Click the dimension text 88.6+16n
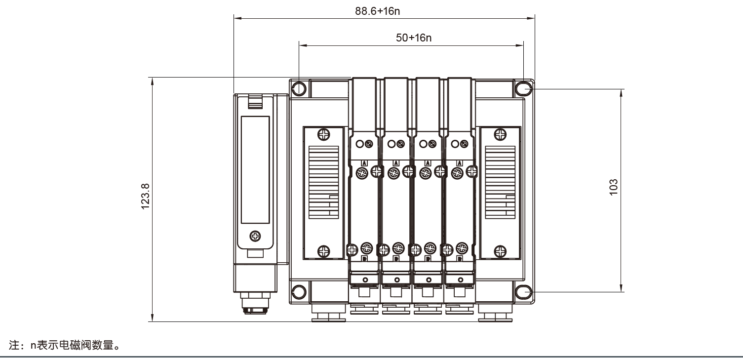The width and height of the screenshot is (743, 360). point(377,11)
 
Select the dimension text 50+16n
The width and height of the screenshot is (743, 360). point(414,38)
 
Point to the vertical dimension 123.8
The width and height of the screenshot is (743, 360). point(146,197)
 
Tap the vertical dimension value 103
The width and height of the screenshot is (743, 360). point(614,188)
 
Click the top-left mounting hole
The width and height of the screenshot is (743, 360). point(299,89)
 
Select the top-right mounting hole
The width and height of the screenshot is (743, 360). point(523,89)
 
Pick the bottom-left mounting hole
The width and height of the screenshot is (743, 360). point(299,292)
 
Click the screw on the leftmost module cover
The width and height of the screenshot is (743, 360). point(255,236)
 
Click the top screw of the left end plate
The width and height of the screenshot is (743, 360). point(323,134)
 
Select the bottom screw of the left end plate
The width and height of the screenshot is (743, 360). point(323,251)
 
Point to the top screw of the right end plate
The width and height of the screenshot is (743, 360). point(500,134)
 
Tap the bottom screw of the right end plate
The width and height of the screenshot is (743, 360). point(500,251)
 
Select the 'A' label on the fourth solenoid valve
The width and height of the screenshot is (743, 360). point(460,162)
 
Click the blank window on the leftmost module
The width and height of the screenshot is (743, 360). point(255,169)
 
